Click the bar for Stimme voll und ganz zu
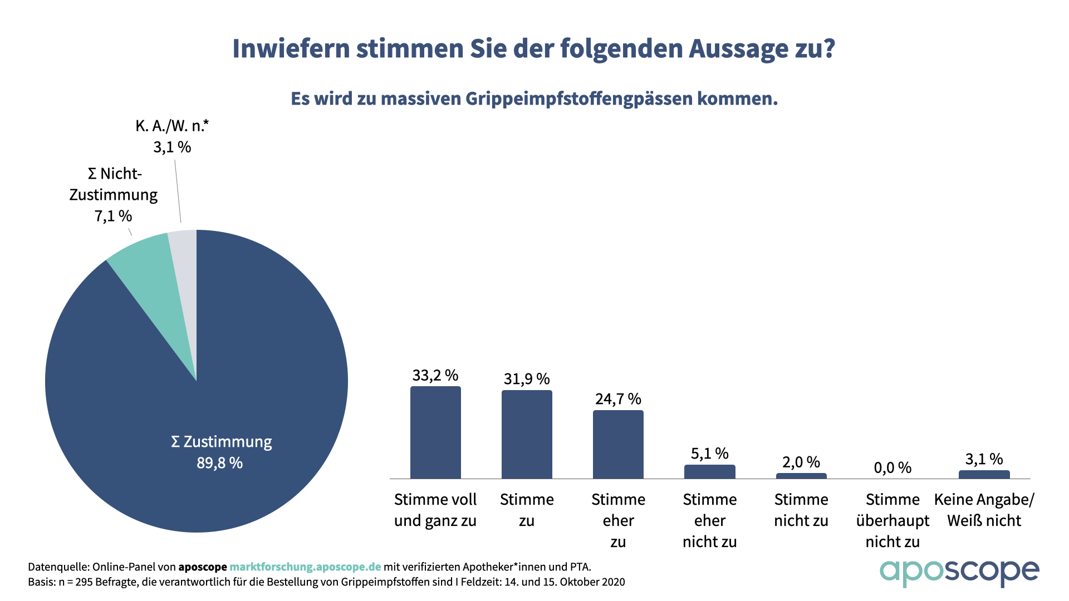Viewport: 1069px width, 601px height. point(435,432)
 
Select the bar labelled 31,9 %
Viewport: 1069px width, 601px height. point(527,435)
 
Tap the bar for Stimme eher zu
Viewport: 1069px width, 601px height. point(618,445)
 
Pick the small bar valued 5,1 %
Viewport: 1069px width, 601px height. point(709,472)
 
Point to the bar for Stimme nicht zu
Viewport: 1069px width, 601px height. point(801,476)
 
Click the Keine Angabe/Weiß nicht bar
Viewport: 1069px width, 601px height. point(984,475)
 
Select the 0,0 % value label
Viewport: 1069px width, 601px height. point(893,467)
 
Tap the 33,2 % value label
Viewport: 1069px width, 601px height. point(435,376)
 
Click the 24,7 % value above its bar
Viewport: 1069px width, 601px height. point(618,399)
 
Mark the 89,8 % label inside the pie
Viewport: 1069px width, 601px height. point(220,463)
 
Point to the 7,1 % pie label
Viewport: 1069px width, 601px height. point(113,216)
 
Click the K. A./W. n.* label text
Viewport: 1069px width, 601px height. point(172,126)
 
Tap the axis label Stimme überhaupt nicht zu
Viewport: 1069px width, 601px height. point(893,520)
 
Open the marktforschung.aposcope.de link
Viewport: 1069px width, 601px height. point(305,567)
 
